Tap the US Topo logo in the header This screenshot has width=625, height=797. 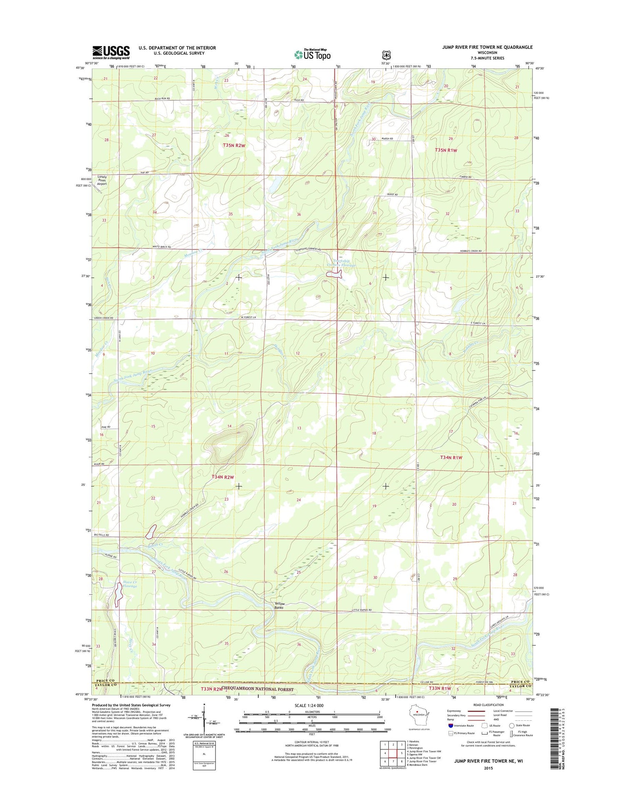[312, 54]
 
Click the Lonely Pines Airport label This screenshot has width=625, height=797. [102, 180]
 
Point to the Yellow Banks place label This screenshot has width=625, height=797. [279, 605]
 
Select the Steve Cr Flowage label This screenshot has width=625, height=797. [130, 584]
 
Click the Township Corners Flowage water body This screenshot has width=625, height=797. [334, 274]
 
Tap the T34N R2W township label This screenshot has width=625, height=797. [223, 476]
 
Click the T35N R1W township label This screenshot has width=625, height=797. [446, 150]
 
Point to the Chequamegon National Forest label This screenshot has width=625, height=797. [257, 689]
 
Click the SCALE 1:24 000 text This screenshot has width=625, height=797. [309, 705]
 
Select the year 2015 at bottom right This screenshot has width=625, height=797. [485, 768]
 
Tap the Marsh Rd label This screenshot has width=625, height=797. [388, 139]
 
